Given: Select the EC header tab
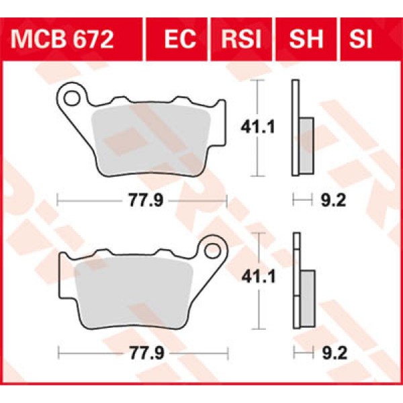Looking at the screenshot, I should (x=179, y=40).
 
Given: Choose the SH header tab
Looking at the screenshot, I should (x=305, y=40).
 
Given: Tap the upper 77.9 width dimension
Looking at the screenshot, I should (x=142, y=199).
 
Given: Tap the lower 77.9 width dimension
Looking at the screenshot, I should (x=142, y=351).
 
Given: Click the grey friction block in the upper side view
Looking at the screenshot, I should (x=306, y=145).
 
